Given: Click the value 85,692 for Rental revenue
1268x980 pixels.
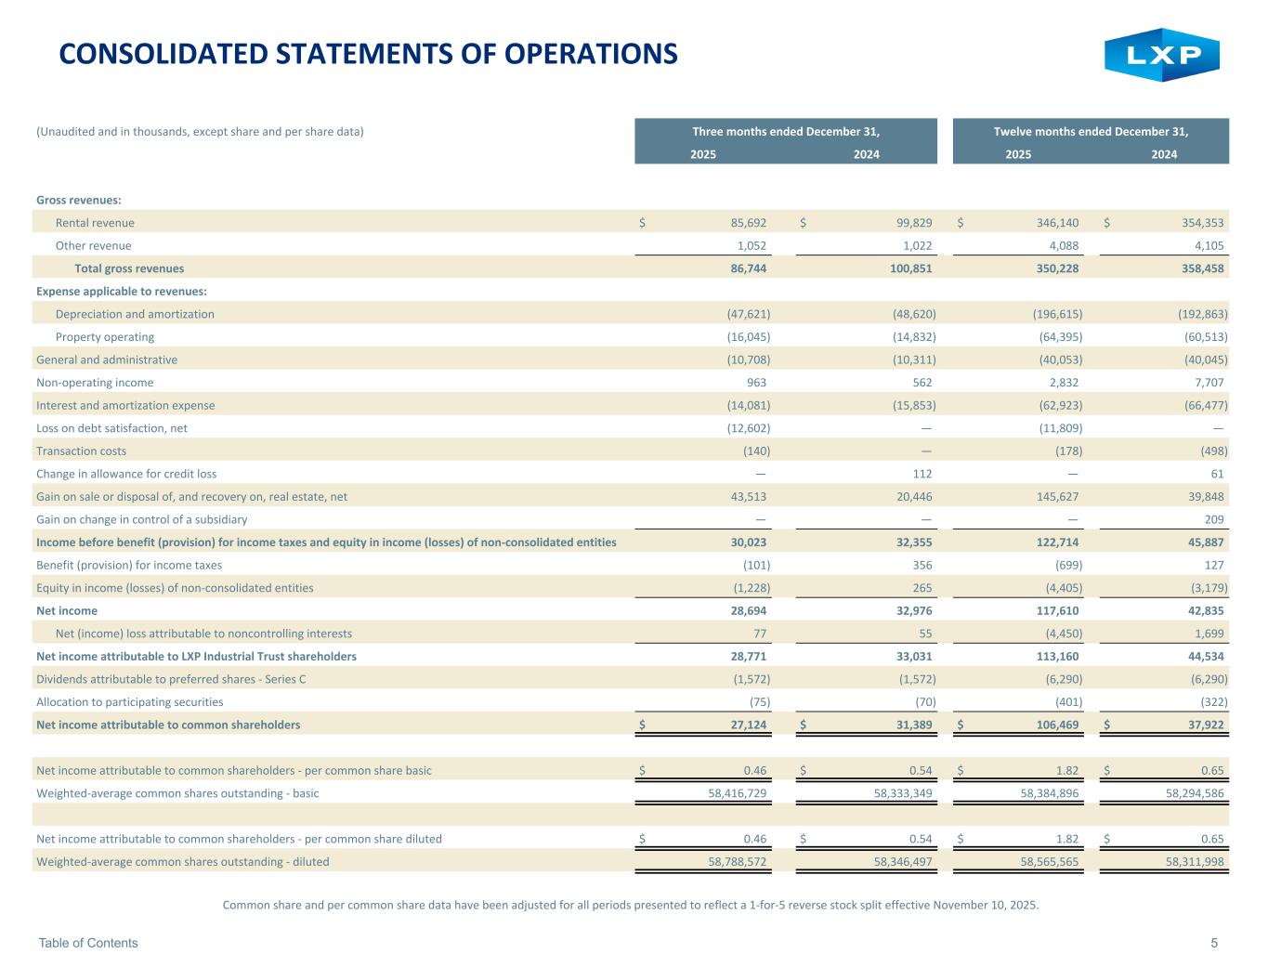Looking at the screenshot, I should (748, 223).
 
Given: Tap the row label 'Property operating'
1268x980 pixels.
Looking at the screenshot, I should (105, 337).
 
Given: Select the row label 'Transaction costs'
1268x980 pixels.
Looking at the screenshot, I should (81, 451).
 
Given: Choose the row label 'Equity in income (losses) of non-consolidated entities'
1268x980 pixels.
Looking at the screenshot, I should (175, 588).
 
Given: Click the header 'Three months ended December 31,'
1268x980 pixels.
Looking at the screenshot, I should (785, 132).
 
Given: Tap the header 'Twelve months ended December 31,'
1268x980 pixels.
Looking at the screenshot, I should (1091, 132).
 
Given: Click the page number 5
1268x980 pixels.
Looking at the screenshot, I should (1214, 943).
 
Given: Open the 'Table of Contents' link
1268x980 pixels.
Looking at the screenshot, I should (88, 943).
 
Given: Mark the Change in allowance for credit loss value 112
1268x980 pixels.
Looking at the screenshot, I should (922, 474).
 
